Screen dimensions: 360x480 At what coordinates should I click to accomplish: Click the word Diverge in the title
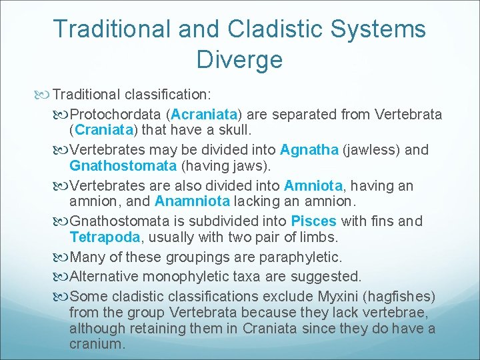tap(239, 59)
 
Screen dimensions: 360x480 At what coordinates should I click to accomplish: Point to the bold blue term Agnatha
tap(309, 150)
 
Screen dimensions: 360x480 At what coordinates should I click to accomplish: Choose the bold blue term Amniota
tap(313, 185)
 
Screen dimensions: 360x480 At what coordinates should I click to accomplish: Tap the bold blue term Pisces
tap(314, 221)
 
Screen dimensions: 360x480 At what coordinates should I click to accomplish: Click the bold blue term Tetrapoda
tap(105, 237)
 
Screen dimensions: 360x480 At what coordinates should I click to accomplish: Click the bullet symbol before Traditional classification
tap(45, 95)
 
